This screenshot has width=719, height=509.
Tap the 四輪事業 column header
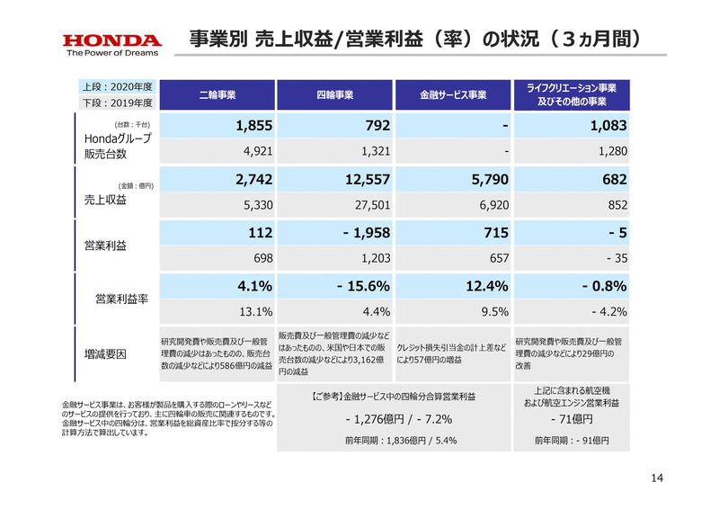point(334,94)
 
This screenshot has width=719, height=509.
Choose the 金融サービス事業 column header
point(453,94)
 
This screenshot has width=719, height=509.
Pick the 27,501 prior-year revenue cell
point(369,205)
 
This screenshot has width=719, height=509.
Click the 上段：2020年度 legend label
point(117,87)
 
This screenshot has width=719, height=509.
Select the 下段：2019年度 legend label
point(117,103)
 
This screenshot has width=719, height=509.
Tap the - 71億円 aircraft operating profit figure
point(571,419)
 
